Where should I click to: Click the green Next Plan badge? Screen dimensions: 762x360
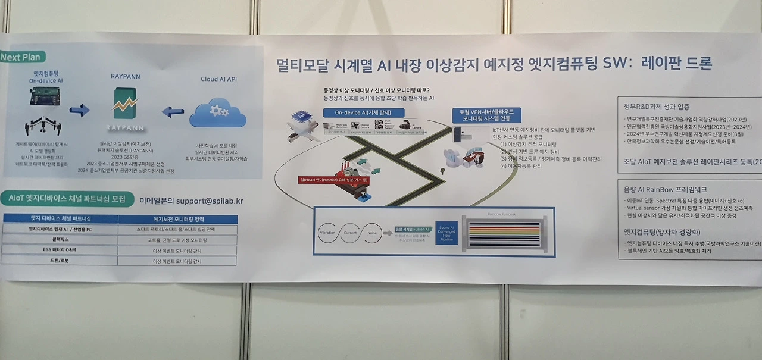pos(23,57)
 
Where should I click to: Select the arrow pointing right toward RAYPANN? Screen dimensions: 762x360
pos(79,111)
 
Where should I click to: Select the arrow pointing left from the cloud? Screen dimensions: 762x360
pos(173,111)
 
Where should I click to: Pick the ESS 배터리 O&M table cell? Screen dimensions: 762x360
pos(60,251)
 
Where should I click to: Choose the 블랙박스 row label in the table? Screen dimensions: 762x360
pos(60,240)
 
